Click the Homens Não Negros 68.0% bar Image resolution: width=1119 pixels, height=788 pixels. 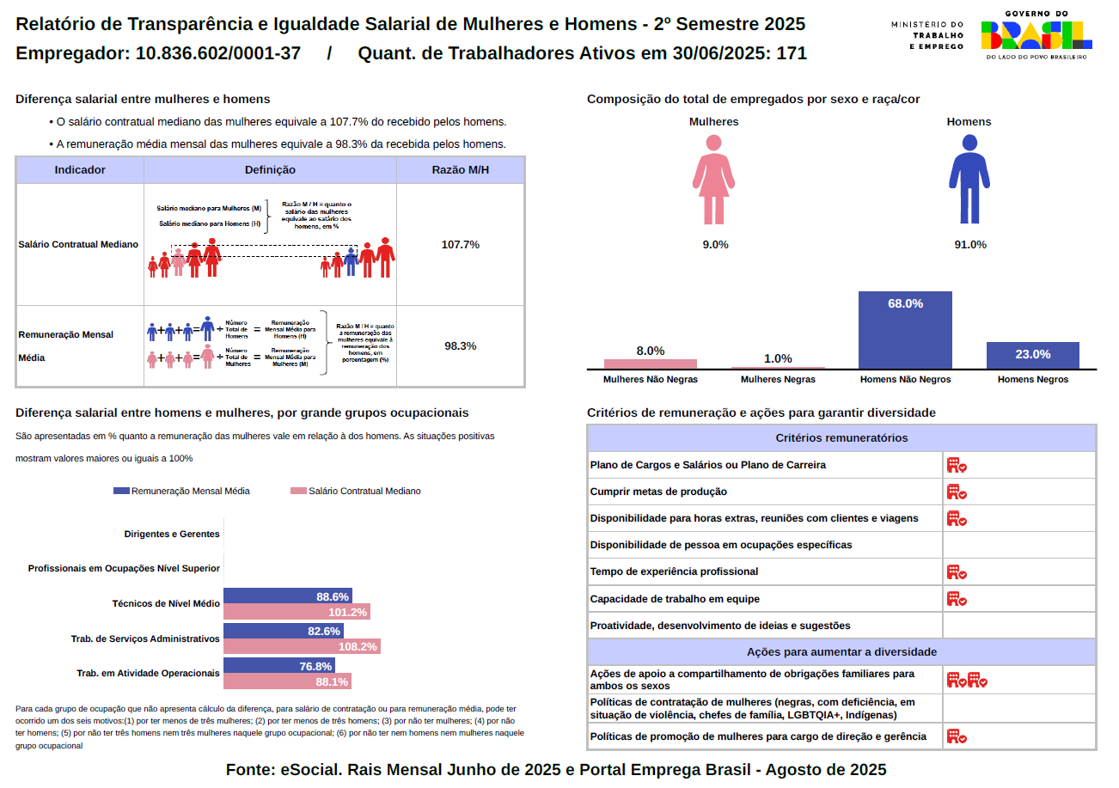[x=905, y=330]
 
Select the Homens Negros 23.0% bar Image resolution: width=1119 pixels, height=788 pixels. [x=1032, y=355]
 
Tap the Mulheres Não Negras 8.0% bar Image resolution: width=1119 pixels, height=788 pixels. [x=650, y=363]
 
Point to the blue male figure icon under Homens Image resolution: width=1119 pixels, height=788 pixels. [x=969, y=179]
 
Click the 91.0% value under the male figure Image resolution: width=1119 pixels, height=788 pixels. [x=969, y=245]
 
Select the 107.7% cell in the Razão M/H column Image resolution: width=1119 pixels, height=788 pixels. [x=460, y=245]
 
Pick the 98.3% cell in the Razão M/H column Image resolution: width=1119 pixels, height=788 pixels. [x=460, y=346]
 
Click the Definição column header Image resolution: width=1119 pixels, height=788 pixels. [x=270, y=170]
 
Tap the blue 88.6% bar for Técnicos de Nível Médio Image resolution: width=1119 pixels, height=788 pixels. [x=287, y=596]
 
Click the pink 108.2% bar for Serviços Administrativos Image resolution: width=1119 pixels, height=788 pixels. [x=302, y=646]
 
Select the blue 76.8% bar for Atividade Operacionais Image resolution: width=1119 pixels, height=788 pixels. [x=278, y=666]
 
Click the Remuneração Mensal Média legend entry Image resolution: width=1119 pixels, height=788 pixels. [x=181, y=491]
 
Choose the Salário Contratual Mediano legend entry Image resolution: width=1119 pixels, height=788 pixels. [x=356, y=491]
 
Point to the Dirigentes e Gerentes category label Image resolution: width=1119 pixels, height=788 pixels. [x=172, y=534]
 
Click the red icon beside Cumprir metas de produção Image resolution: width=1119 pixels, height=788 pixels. [x=957, y=492]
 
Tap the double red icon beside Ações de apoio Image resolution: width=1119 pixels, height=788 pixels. [x=967, y=680]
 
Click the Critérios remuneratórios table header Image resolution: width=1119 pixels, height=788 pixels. [x=841, y=438]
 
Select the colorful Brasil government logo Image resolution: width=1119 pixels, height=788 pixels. [x=1036, y=35]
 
